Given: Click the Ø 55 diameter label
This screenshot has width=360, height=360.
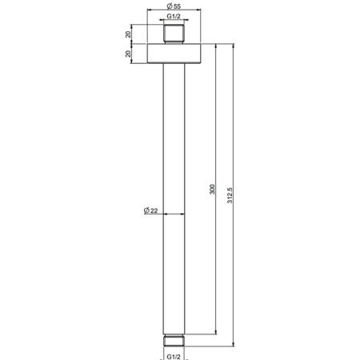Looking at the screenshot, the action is point(174,6).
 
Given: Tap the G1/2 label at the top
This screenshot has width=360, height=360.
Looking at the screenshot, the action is point(174,16).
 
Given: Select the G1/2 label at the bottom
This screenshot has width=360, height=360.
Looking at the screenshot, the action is point(174,357).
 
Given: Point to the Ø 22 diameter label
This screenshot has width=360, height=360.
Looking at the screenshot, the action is point(150,210).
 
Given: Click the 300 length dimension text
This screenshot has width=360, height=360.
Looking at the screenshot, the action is point(212,189).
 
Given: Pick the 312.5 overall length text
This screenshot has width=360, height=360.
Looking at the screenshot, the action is point(230,195).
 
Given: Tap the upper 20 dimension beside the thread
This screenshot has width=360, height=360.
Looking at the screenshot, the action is point(128,34).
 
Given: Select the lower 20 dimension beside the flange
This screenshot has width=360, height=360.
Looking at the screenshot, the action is point(128,54).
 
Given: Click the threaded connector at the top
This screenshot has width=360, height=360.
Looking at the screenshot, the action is point(174,34).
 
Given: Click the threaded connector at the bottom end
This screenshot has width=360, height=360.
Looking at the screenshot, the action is point(174,340).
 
